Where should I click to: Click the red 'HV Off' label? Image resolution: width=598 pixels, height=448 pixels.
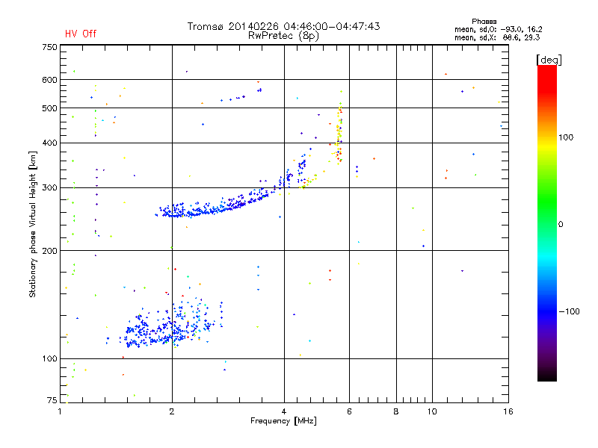[80, 34]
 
